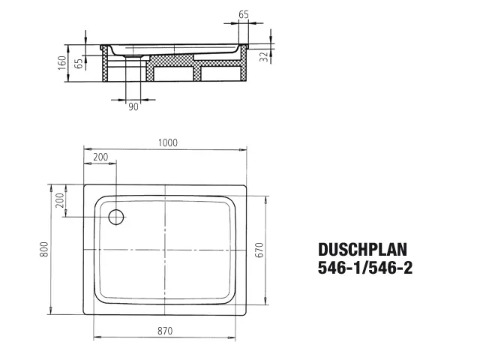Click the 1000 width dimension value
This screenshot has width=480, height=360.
click(x=168, y=143)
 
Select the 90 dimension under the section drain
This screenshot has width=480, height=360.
click(x=133, y=106)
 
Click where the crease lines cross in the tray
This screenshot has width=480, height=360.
click(x=166, y=251)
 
